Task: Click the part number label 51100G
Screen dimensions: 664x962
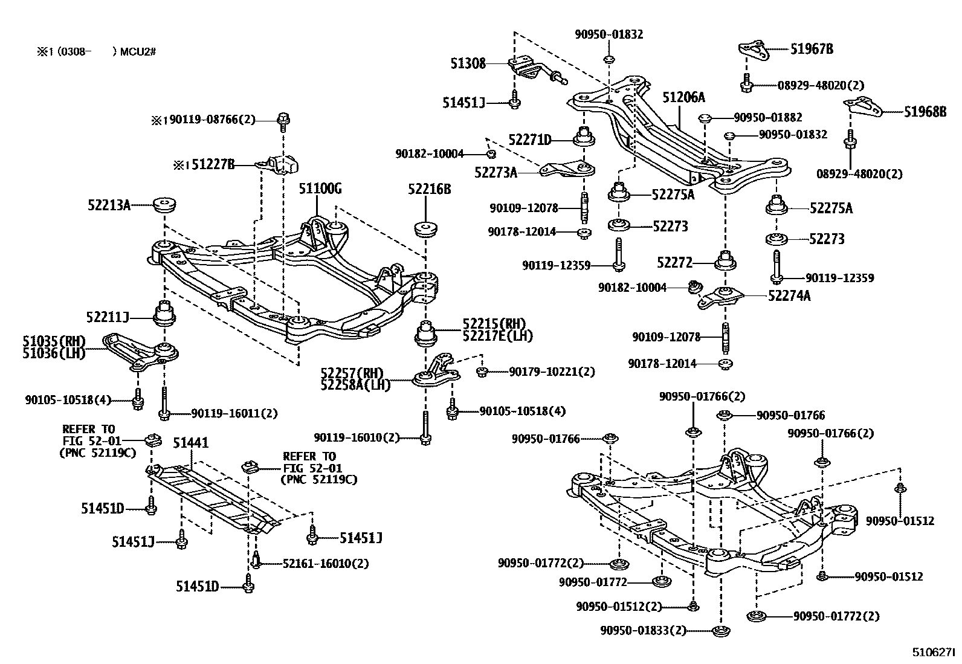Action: (320, 189)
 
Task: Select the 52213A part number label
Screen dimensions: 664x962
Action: (109, 205)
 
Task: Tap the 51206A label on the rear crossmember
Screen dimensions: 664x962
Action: (683, 97)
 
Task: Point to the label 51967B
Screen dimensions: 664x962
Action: (812, 50)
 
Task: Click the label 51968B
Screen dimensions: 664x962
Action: (925, 111)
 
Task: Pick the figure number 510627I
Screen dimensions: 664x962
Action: (934, 653)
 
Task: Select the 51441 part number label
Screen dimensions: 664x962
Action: (191, 443)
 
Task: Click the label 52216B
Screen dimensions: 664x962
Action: (429, 189)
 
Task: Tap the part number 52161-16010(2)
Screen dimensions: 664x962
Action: (326, 564)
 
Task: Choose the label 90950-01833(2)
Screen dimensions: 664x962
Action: (644, 631)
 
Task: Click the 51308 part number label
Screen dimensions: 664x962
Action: (468, 63)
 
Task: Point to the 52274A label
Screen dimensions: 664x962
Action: (789, 296)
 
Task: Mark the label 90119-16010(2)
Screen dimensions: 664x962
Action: (357, 437)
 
